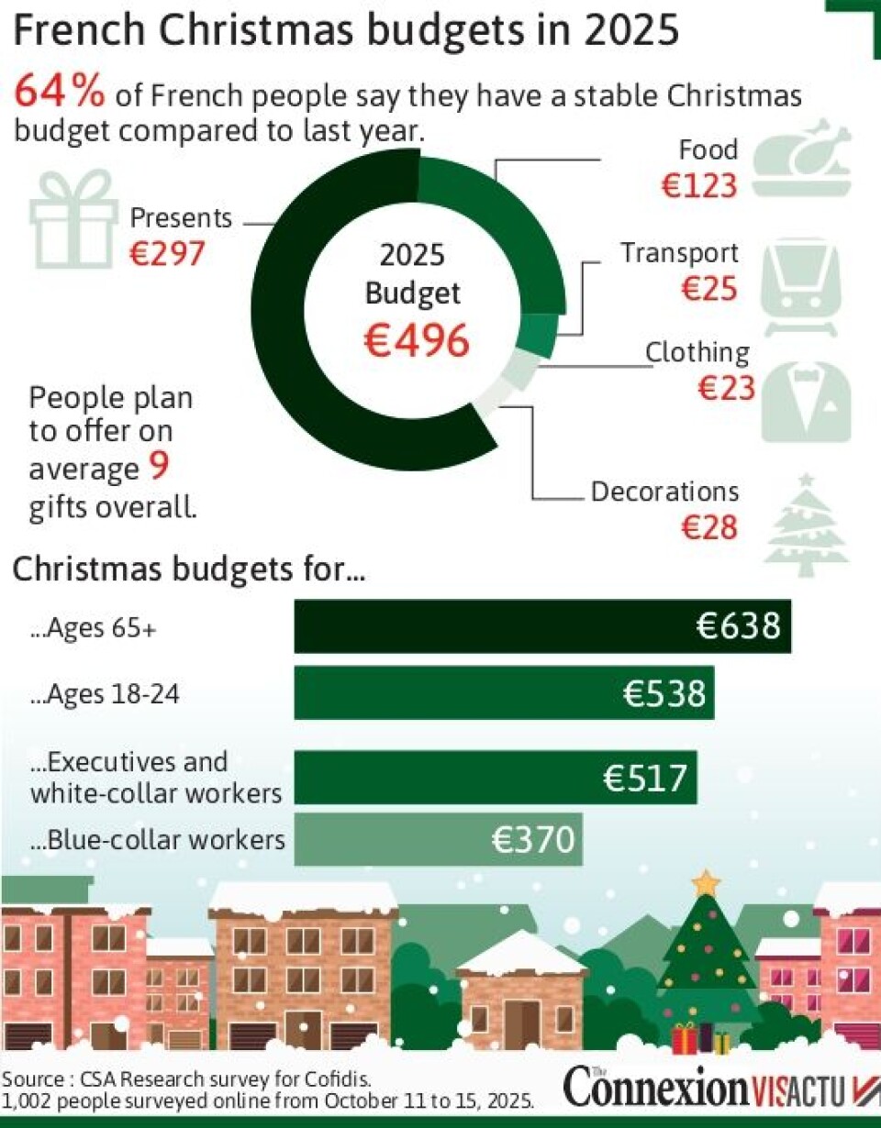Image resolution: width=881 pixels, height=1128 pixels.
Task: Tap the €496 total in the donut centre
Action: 417,341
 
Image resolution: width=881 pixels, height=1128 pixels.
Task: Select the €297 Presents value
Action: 166,254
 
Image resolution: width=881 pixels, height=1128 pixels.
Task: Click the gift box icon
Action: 73,219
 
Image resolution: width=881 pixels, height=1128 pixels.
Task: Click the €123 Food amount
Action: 699,185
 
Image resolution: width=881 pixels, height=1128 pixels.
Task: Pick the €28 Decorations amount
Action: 709,527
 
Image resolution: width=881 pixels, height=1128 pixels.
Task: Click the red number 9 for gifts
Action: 158,469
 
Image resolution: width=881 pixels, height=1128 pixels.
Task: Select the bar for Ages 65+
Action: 541,626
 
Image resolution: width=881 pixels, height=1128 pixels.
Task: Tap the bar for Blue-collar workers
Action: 438,839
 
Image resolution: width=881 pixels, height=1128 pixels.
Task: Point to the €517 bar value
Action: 645,779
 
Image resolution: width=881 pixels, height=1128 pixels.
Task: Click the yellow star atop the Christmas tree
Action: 706,883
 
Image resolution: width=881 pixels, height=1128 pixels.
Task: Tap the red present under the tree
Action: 685,1039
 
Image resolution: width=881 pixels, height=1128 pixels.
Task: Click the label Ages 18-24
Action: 105,694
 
